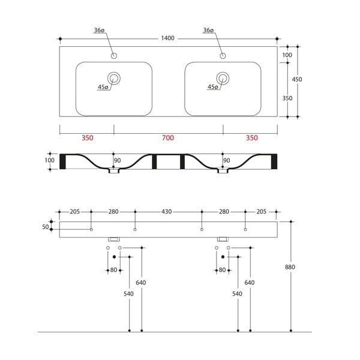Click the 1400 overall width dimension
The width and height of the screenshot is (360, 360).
click(167, 38)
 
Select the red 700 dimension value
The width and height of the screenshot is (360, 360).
click(168, 138)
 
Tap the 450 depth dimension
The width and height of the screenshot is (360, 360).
click(296, 79)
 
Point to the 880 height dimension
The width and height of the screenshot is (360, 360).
click(290, 267)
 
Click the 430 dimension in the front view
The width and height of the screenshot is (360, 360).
click(166, 212)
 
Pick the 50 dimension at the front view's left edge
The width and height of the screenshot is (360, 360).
click(46, 226)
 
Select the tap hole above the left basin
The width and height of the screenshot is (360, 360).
click(113, 56)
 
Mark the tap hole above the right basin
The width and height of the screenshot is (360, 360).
click(223, 56)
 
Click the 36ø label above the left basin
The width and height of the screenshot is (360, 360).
click(100, 30)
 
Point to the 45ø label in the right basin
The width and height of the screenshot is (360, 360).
click(212, 88)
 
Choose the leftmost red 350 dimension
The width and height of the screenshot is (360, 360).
click(87, 138)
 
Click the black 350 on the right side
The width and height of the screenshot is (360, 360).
click(287, 98)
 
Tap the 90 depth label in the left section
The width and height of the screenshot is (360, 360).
click(118, 160)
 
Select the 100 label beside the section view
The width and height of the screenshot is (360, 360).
click(49, 160)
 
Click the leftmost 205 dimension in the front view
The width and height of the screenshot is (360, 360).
click(75, 212)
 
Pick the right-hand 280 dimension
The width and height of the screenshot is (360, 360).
click(224, 212)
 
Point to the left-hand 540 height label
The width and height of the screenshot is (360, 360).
click(128, 294)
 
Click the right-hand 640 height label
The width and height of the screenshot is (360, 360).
click(250, 283)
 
